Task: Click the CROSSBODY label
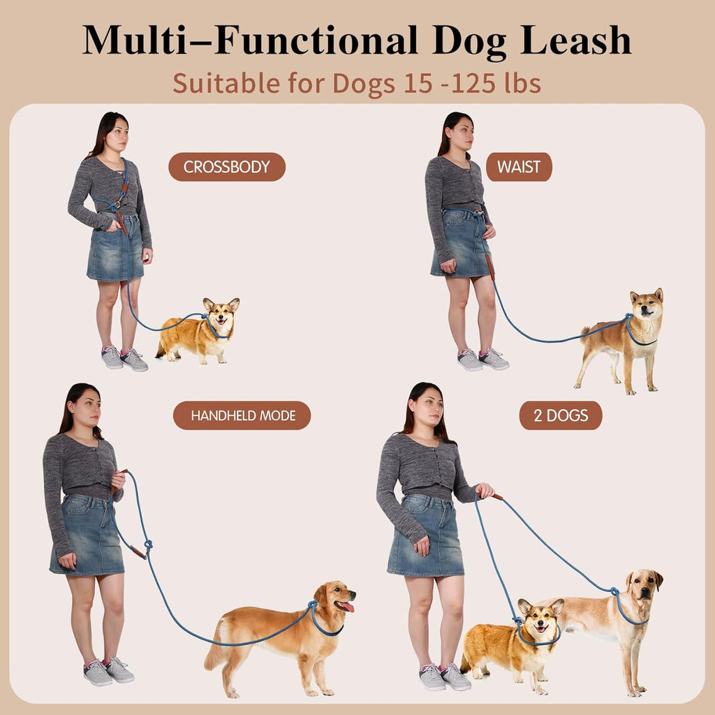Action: click(227, 168)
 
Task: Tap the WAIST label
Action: click(519, 168)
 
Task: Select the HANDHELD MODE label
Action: click(242, 415)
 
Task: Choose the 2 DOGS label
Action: click(561, 416)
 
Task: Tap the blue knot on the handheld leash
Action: click(147, 545)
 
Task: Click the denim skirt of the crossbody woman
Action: click(115, 251)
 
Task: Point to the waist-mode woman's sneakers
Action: click(482, 359)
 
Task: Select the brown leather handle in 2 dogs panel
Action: click(496, 497)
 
